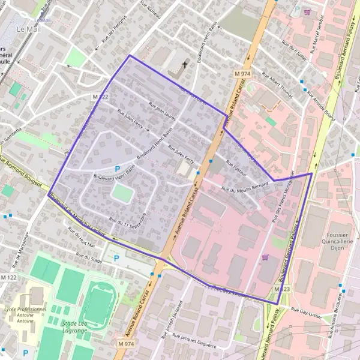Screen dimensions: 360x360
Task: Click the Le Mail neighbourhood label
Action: [29, 29]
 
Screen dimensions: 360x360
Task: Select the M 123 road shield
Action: [278, 289]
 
